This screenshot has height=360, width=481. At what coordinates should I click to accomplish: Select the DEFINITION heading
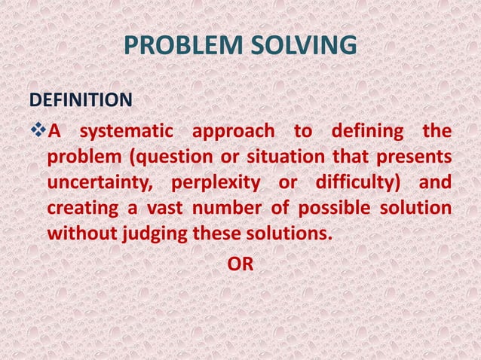point(81,99)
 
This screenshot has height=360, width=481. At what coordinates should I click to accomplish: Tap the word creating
point(79,209)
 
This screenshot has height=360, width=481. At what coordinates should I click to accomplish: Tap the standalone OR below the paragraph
point(240,264)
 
